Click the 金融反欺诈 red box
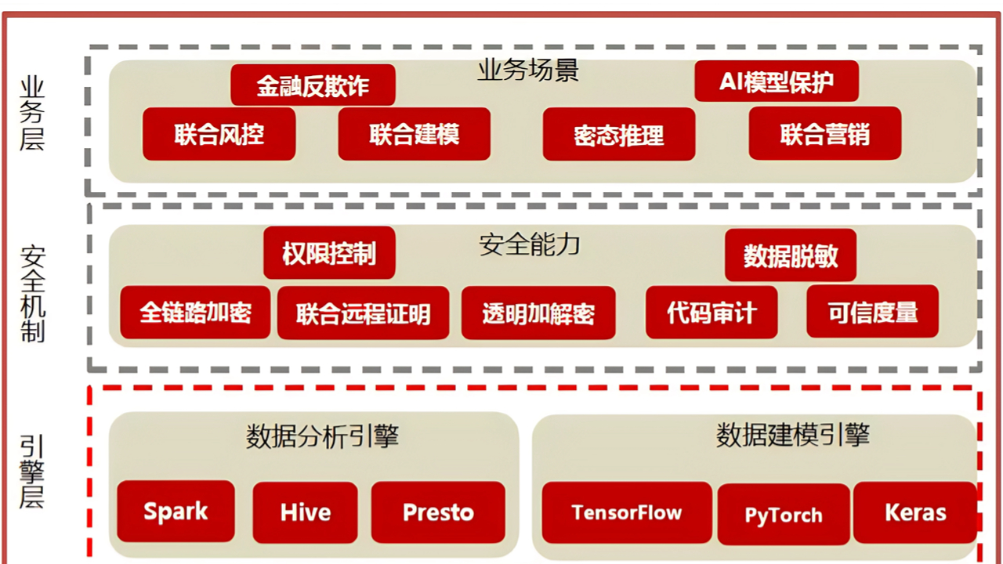point(313,85)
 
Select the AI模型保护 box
point(777,81)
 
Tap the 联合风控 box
point(219,134)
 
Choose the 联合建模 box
point(415,134)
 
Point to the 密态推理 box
point(619,134)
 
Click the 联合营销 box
point(825,133)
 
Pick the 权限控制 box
point(329,253)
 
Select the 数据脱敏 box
point(791,255)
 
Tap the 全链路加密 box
point(195,312)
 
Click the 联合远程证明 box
point(363,313)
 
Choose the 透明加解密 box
point(538,313)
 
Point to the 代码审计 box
point(712,312)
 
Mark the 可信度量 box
point(872,312)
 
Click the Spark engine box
point(176,512)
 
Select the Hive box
point(305,512)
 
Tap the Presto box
point(438,512)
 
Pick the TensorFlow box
point(627,513)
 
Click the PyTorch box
point(784,515)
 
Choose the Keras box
point(915,513)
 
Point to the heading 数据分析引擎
point(322,436)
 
